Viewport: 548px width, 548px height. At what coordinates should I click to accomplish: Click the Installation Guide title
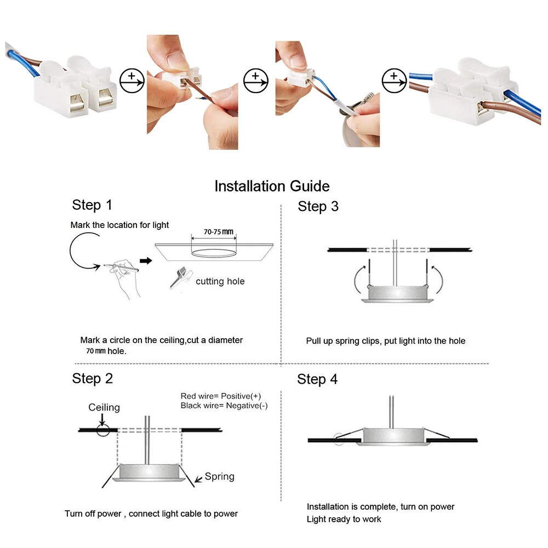[x=272, y=186]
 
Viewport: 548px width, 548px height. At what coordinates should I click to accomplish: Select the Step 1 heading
[x=92, y=206]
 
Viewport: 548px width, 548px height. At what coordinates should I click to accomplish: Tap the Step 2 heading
[x=92, y=379]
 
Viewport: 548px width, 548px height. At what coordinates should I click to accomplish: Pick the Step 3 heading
[x=318, y=207]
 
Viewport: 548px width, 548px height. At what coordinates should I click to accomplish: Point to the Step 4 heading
[x=317, y=379]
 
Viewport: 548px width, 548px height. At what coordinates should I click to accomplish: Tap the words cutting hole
[x=220, y=282]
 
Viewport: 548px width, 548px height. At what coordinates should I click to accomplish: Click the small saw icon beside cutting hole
[x=179, y=277]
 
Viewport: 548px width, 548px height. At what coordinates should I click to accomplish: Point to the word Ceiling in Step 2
[x=104, y=407]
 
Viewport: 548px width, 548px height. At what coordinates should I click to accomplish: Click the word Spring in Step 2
[x=219, y=477]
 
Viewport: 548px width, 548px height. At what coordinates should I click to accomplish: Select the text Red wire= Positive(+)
[x=220, y=396]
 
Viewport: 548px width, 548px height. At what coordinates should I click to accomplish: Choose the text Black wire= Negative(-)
[x=224, y=406]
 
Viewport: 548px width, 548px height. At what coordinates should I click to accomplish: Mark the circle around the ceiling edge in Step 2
[x=102, y=430]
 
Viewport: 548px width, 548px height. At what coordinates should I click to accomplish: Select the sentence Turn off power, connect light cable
[x=151, y=514]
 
